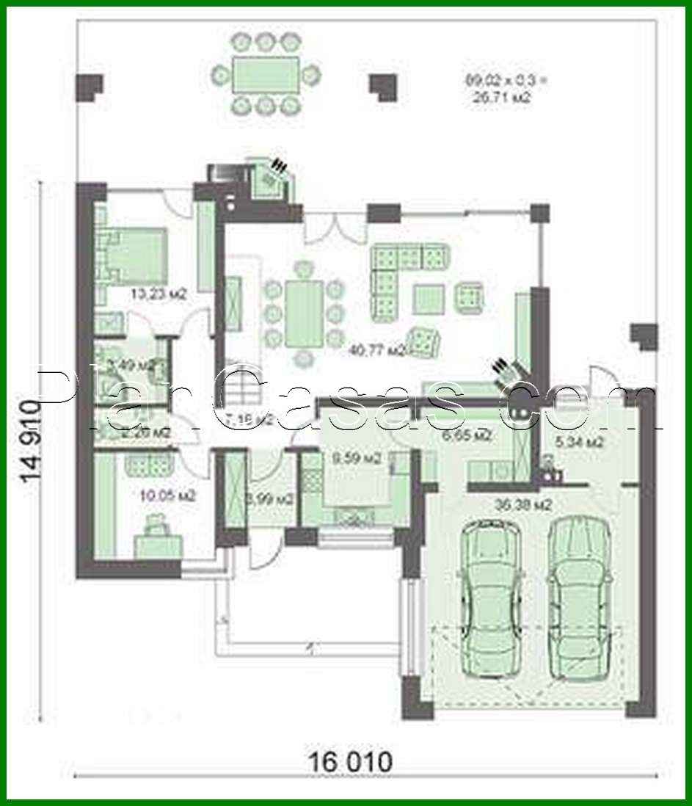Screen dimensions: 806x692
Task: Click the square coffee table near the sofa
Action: coord(428,299)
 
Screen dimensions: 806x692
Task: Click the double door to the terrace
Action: coord(335,225)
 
